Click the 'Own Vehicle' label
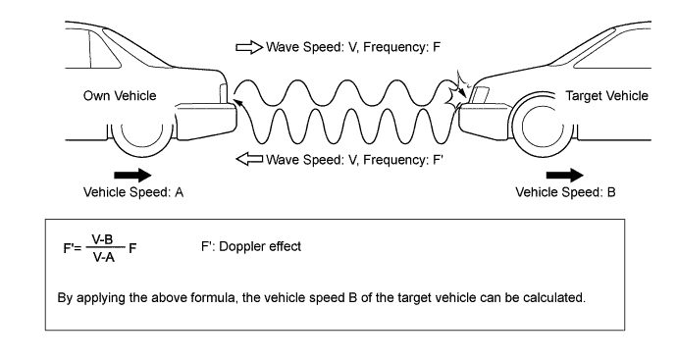point(120,95)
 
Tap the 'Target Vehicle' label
point(606,95)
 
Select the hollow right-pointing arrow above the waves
point(249,47)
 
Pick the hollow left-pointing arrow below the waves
point(249,159)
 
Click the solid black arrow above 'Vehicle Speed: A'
point(132,175)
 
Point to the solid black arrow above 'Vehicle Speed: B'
point(565,175)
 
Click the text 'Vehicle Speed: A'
point(133,192)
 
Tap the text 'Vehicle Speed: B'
point(565,192)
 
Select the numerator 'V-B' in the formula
point(102,239)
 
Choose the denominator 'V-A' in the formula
point(104,258)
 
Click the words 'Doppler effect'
point(260,246)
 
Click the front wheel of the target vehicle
point(543,125)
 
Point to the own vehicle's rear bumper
point(206,122)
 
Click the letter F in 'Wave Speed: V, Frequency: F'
point(437,47)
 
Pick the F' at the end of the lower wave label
point(438,160)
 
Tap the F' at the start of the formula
point(69,248)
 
